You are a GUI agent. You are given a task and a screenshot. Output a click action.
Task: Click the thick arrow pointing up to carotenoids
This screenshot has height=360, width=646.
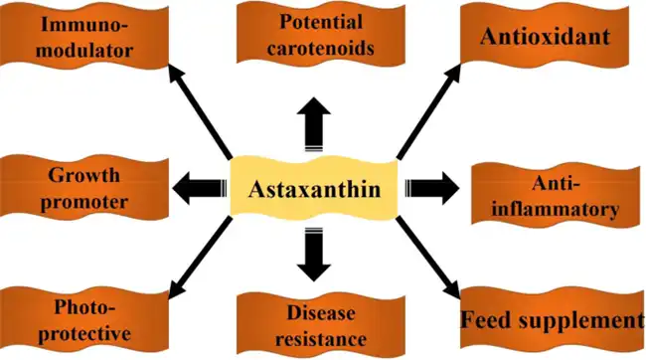pyautogui.click(x=314, y=127)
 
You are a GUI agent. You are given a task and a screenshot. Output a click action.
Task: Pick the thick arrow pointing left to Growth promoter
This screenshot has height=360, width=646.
pyautogui.click(x=199, y=184)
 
